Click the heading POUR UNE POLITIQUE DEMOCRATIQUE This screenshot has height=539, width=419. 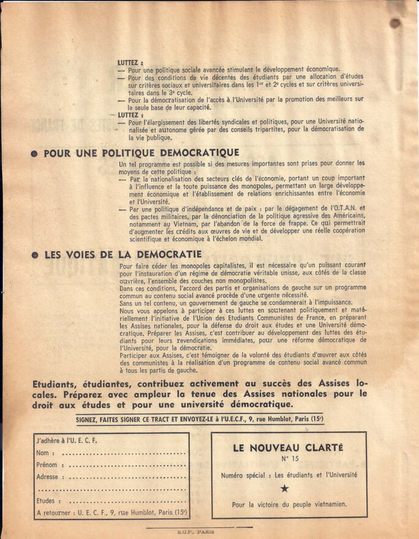click(x=142, y=153)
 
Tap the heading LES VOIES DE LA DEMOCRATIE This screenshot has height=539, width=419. click(x=123, y=254)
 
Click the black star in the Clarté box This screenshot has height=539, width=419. click(x=284, y=489)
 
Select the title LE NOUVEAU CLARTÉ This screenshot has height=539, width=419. click(x=287, y=448)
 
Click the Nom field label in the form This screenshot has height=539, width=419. click(x=43, y=453)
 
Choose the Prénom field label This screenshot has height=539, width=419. click(x=47, y=465)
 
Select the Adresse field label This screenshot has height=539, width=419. click(x=48, y=477)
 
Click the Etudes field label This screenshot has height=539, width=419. click(x=47, y=501)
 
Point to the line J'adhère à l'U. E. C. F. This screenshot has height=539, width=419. click(x=67, y=441)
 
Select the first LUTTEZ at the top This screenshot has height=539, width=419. click(x=130, y=62)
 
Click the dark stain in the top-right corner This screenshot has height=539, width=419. click(x=396, y=23)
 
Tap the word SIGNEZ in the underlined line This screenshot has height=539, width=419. click(x=90, y=420)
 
